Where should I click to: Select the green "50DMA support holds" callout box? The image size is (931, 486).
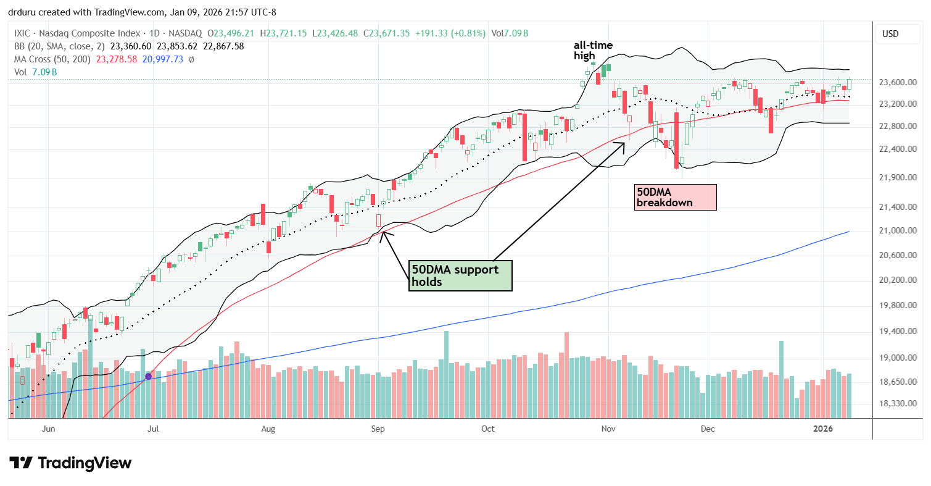pos(460,275)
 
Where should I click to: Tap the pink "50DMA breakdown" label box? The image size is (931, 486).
pos(675,197)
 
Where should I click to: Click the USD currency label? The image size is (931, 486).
pos(890,34)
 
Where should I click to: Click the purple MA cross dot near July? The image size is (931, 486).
pos(148,375)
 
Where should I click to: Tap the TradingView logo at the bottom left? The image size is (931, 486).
pos(70,463)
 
